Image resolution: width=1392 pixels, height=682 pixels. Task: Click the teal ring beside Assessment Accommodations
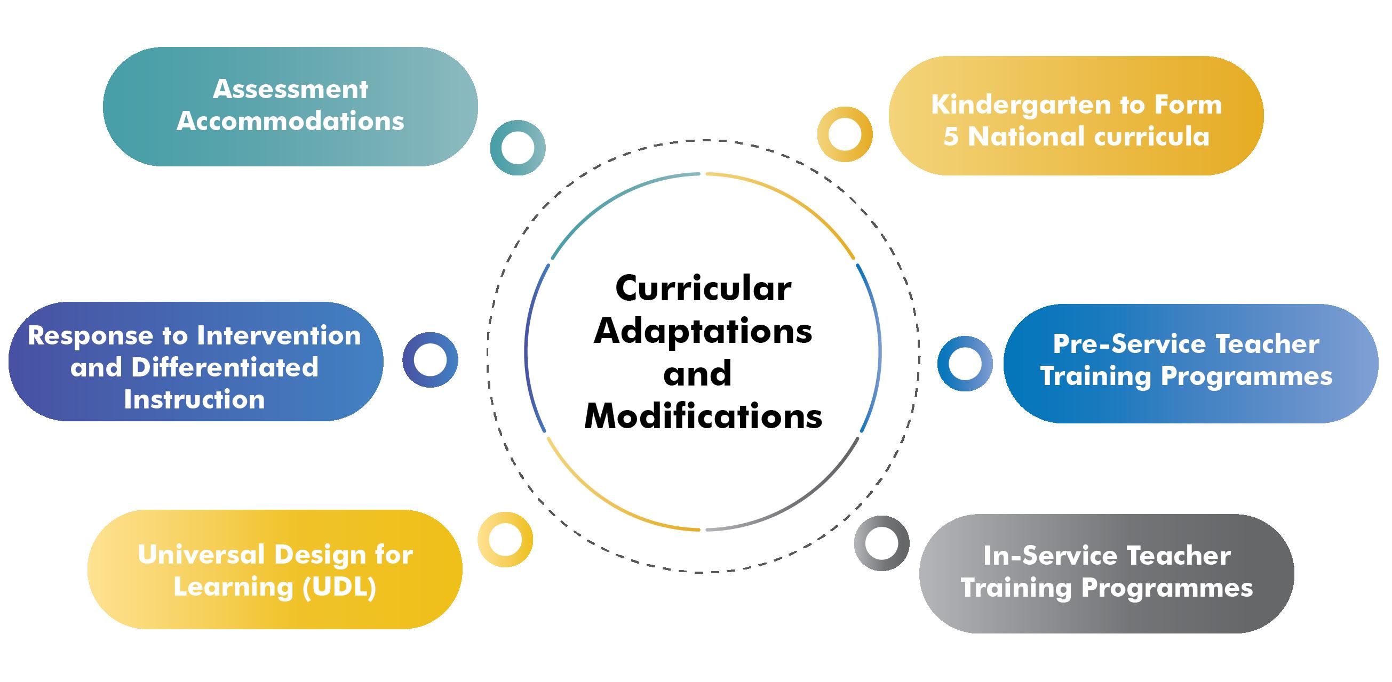517,147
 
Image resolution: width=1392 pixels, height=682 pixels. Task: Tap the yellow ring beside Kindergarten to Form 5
845,134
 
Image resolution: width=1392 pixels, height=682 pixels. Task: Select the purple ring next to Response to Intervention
430,359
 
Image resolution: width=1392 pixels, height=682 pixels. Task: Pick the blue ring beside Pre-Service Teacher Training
965,364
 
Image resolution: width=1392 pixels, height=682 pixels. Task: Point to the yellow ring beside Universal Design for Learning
505,540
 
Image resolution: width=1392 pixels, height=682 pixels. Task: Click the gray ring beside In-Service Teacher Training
881,543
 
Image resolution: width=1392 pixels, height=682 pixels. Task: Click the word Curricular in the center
703,290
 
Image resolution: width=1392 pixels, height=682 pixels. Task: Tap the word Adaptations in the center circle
703,332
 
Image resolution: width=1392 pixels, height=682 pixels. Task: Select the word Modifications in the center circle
703,417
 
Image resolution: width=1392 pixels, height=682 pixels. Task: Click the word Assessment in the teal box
290,90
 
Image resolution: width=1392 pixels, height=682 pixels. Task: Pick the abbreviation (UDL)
339,588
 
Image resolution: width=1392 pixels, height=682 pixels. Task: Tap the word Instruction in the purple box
195,399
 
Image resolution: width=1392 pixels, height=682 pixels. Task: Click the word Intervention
279,336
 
